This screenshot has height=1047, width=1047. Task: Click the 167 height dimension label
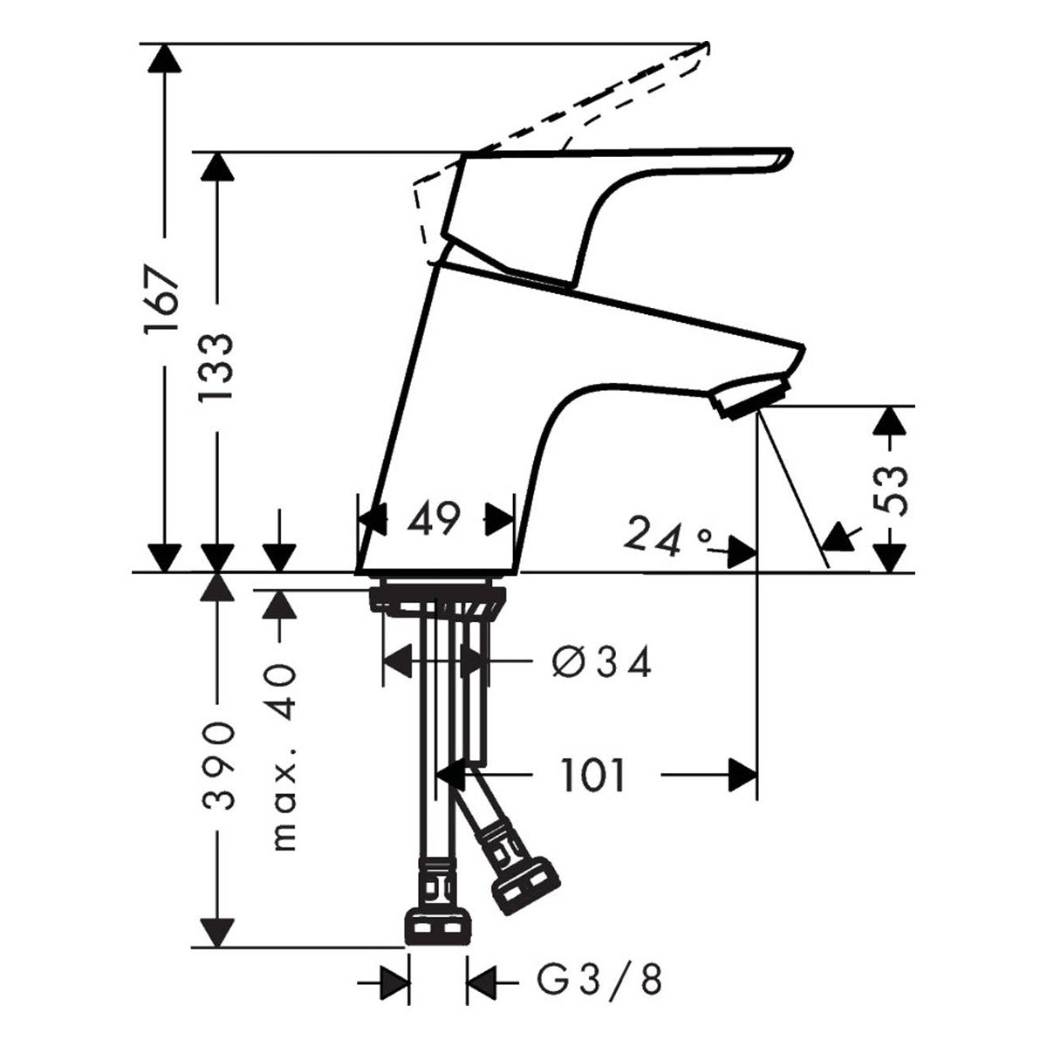[x=162, y=299]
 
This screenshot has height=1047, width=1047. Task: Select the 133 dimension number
[x=216, y=366]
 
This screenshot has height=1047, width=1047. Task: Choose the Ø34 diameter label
[x=601, y=664]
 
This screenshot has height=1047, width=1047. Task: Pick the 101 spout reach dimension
[x=593, y=775]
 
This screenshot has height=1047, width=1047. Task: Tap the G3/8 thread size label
[x=599, y=980]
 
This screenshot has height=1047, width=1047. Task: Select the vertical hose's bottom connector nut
[x=438, y=927]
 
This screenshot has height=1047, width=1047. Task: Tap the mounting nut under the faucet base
[x=436, y=601]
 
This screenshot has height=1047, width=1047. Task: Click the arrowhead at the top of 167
[x=163, y=58]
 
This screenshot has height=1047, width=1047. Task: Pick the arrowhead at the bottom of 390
[x=216, y=932]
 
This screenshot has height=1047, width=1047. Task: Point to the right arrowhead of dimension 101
[x=742, y=775]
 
